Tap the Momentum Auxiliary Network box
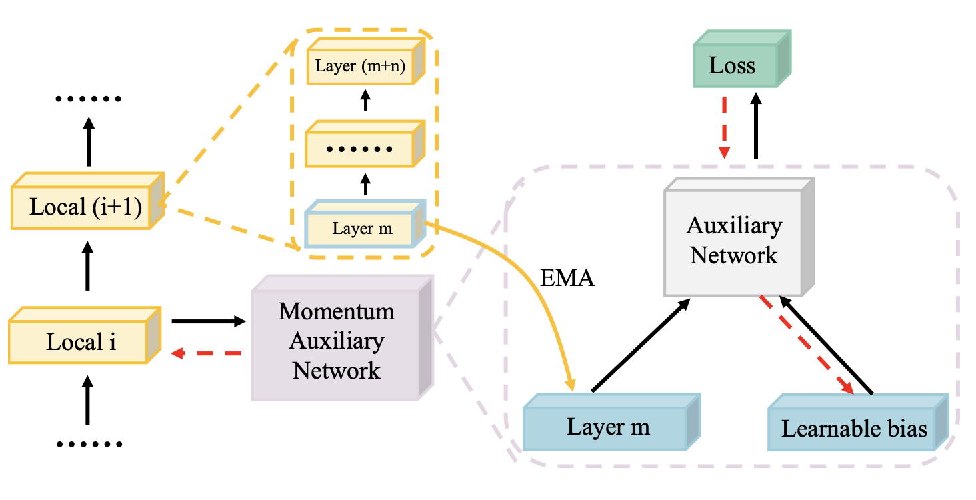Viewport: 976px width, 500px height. coord(337,340)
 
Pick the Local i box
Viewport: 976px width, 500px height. coord(81,343)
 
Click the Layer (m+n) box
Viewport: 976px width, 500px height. coord(361,65)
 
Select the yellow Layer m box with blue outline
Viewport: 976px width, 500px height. coord(362,229)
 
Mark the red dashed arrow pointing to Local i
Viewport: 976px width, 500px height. coord(206,354)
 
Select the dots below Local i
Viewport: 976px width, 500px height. coord(87,444)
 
